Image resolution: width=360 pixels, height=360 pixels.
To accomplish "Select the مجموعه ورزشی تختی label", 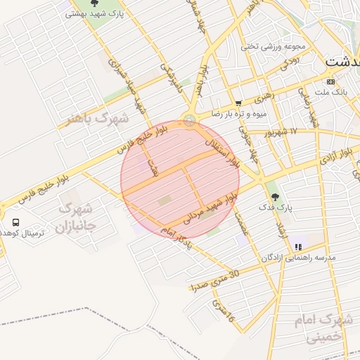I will click(x=274, y=46).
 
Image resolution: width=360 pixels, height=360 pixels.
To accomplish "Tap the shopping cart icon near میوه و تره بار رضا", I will click(x=239, y=103).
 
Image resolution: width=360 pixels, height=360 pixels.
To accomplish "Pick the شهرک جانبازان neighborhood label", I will click(x=75, y=217).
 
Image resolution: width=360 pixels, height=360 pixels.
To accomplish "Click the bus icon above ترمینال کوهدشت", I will click(x=15, y=222).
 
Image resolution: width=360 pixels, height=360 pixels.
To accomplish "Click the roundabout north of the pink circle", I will click(x=189, y=120).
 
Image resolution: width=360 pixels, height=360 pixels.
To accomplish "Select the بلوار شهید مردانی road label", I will click(x=209, y=208).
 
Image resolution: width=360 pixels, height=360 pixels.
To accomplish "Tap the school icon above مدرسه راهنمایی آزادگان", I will click(x=298, y=247).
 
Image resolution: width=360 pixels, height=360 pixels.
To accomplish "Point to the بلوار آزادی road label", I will click(x=337, y=156).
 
